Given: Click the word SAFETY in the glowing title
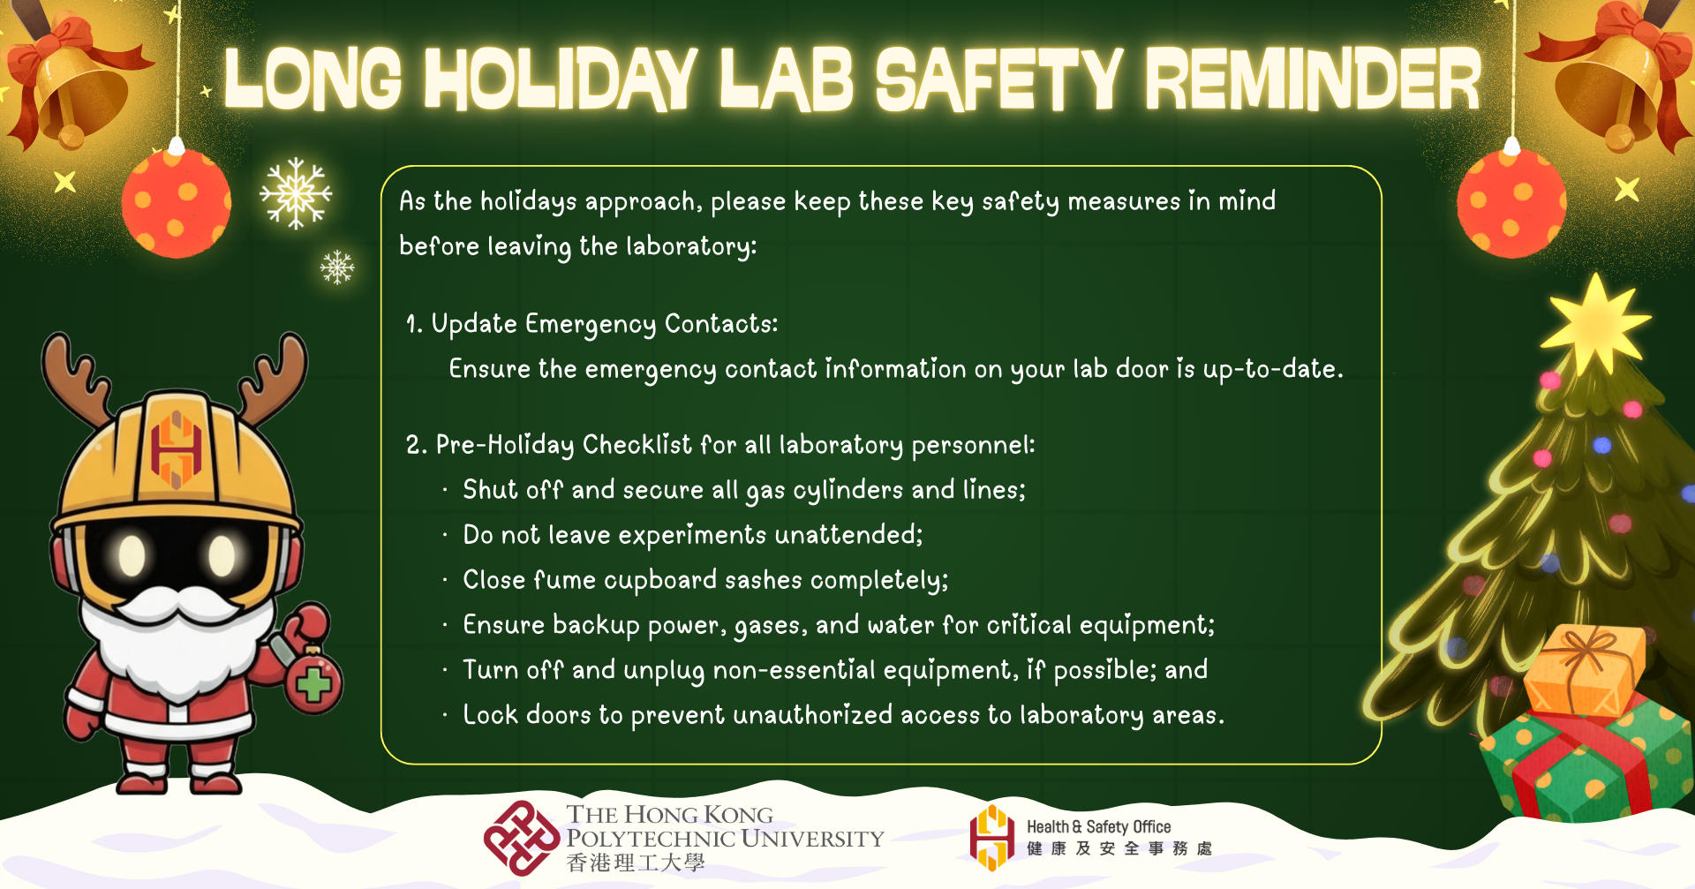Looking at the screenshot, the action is click(998, 79).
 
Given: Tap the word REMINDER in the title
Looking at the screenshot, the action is click(1313, 79).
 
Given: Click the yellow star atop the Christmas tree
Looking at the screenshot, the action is click(1594, 323).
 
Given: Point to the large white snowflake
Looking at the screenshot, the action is click(296, 193).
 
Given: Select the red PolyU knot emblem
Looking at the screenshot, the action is click(522, 838).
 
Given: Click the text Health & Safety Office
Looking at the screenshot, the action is click(1098, 826).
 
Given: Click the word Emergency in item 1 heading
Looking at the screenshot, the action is click(591, 325).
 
